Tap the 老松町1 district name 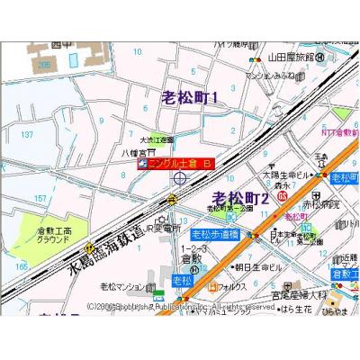(x=190, y=97)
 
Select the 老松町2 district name (x=240, y=197)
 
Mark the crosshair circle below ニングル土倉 (x=180, y=179)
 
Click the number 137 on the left (x=26, y=133)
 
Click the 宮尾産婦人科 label (x=303, y=293)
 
